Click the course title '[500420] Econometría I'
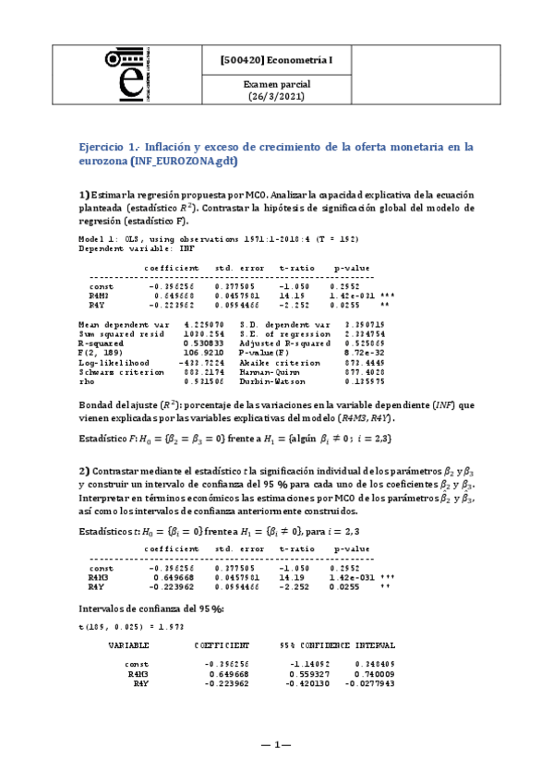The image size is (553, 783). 269,60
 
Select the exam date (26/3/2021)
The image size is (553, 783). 269,95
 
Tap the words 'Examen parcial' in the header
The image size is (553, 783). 269,84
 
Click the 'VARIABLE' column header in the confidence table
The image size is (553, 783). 128,644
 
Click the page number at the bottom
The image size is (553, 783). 275,745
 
